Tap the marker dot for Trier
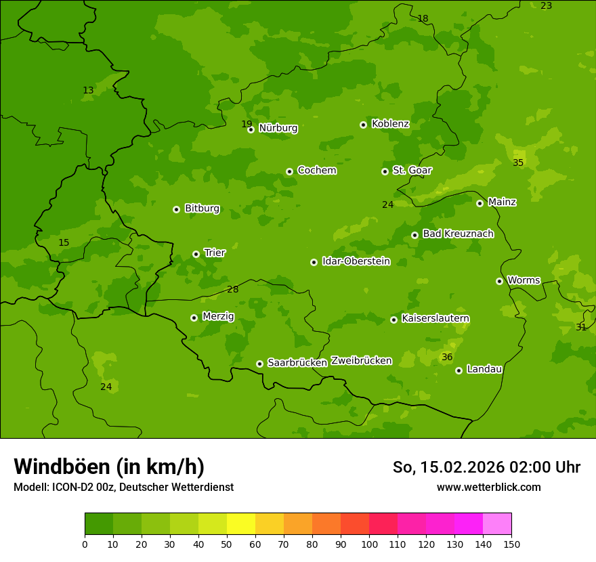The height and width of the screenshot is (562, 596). (196, 254)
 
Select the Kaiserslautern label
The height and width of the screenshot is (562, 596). (435, 318)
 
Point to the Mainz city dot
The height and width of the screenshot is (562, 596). (480, 203)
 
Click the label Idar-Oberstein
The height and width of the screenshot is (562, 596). (356, 261)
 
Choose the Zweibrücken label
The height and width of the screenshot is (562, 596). (361, 360)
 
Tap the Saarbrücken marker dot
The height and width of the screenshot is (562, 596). (259, 364)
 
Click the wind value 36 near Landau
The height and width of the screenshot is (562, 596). (447, 357)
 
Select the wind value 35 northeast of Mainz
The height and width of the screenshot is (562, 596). (518, 163)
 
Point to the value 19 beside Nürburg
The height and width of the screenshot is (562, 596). (247, 124)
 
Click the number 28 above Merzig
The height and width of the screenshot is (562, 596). (233, 289)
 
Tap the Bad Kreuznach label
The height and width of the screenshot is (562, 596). (458, 234)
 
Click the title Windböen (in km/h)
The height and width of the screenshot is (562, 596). (109, 467)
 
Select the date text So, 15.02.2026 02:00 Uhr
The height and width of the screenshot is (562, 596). (486, 467)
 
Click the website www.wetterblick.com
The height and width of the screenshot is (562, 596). (488, 488)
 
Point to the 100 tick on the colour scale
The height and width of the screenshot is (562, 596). (369, 544)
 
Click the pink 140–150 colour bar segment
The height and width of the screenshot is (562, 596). (497, 524)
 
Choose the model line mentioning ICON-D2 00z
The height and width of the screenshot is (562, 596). (123, 488)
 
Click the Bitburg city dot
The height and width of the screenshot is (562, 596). (176, 209)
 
